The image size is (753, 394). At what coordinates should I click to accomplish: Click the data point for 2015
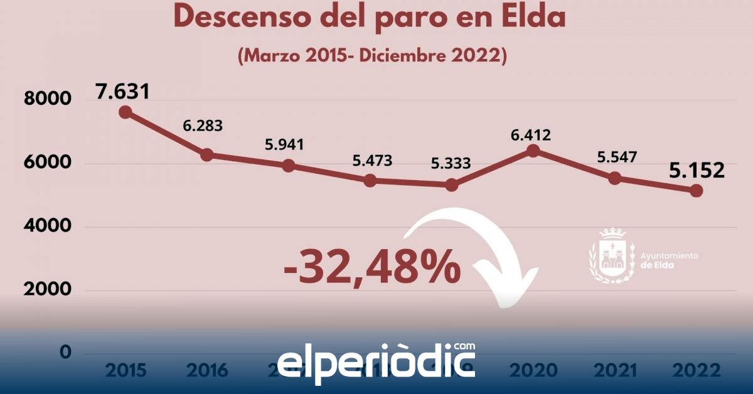click(125, 112)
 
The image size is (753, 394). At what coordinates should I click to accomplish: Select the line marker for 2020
click(533, 151)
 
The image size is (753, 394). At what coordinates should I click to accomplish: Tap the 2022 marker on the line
click(697, 191)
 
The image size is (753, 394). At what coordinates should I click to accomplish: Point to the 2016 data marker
click(206, 155)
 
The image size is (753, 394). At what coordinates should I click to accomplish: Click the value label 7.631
click(123, 92)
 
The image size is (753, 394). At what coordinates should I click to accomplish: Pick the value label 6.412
click(530, 134)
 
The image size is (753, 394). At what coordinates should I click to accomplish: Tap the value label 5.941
click(284, 145)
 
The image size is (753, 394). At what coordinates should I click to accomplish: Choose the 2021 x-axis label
click(615, 371)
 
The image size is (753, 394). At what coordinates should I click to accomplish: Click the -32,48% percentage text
click(372, 267)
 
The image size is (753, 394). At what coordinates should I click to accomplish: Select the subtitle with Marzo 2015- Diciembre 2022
click(372, 55)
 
